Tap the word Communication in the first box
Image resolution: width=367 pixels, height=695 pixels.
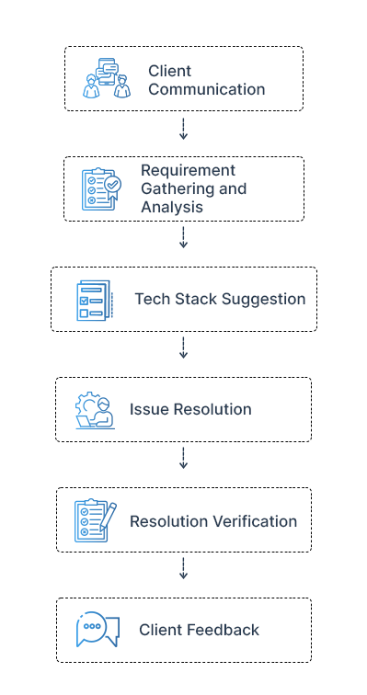coord(206,89)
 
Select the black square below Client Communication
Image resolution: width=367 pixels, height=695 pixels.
coord(183,136)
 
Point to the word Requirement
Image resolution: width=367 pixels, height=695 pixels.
coord(188,170)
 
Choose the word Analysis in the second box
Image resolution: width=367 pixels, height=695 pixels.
coord(171,207)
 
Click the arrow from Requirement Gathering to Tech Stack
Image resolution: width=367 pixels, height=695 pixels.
coord(183,239)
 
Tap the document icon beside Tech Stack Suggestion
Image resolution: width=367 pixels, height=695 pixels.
coord(94,300)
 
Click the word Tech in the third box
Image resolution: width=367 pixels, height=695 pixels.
coord(151,299)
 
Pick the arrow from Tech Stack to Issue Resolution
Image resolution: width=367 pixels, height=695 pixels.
coord(183,348)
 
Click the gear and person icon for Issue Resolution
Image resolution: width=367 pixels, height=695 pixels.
coord(95,410)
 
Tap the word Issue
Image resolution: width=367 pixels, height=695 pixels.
coord(147,409)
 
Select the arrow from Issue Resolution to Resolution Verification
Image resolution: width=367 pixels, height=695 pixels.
coord(183,459)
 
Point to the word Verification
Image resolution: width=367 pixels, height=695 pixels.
coord(255,521)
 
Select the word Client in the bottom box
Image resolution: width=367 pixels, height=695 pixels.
coord(160,630)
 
